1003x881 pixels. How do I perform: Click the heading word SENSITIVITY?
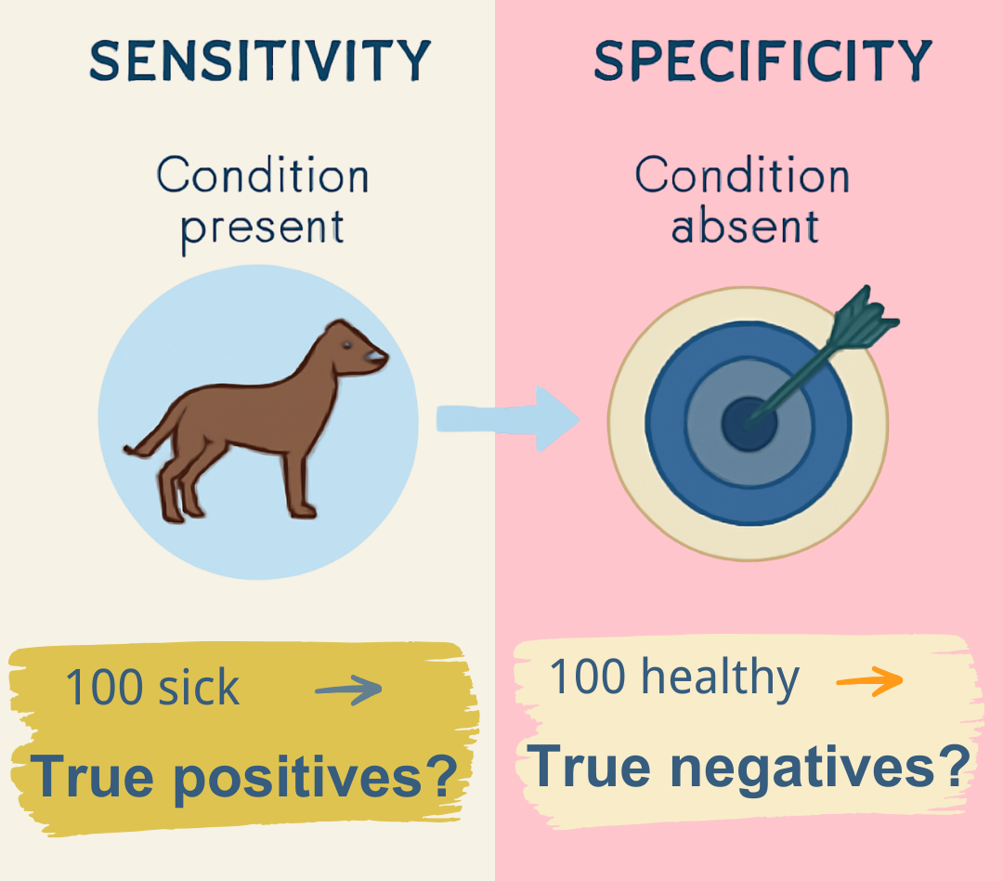[259, 62]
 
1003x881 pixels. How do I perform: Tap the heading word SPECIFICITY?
[762, 62]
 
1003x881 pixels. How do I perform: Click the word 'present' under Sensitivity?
[262, 226]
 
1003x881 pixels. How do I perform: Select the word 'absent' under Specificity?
[745, 226]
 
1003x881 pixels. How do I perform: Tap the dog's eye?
[347, 345]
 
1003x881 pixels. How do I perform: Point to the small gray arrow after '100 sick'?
[348, 690]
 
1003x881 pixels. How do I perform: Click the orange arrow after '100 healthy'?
[869, 680]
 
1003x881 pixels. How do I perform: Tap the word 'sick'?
[205, 689]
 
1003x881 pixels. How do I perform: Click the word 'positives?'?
[317, 776]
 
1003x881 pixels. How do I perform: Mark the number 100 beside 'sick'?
[103, 689]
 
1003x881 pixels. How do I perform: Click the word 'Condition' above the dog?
[262, 176]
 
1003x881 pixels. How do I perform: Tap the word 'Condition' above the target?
[743, 176]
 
